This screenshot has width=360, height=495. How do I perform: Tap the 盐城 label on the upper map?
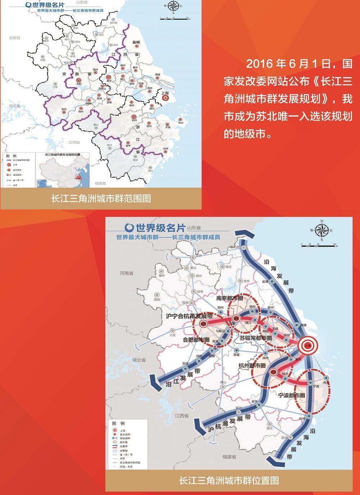pyautogui.click(x=136, y=43)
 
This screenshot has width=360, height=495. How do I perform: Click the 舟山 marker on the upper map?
pyautogui.click(x=180, y=120)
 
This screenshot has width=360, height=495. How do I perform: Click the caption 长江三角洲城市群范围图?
pyautogui.click(x=101, y=199)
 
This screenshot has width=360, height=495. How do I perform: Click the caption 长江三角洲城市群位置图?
pyautogui.click(x=229, y=480)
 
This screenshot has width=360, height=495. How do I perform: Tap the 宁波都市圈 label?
pyautogui.click(x=292, y=395)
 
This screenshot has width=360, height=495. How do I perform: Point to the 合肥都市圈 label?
pyautogui.click(x=196, y=339)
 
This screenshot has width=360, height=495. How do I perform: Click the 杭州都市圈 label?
pyautogui.click(x=252, y=365)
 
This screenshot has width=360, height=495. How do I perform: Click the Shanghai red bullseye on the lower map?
pyautogui.click(x=308, y=345)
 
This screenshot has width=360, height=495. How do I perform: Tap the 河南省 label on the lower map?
pyautogui.click(x=126, y=273)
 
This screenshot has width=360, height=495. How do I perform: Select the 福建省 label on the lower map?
pyautogui.click(x=229, y=457)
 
